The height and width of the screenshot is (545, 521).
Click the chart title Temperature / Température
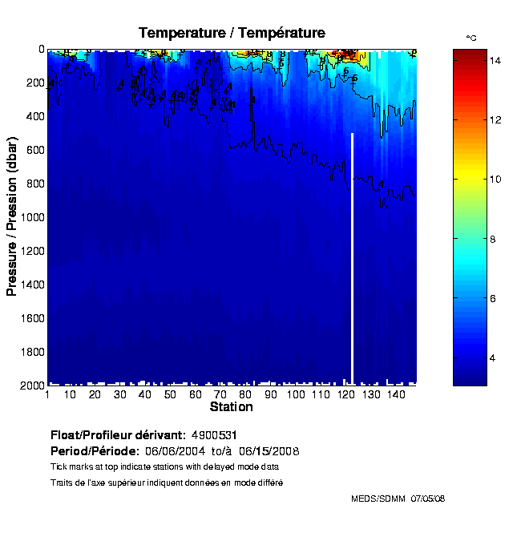coord(232,33)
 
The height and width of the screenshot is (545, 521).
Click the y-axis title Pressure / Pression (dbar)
coord(12,217)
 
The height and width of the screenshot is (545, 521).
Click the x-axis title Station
coord(231,407)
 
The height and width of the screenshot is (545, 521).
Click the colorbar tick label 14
coord(473,59)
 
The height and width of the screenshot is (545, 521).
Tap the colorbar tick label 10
coord(473,179)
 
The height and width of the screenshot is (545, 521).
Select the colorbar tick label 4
coord(471,357)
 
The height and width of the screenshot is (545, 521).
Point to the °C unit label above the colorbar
coord(471,38)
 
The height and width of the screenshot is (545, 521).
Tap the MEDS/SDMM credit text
coord(378,499)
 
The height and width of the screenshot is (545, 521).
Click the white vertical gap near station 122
coord(352,256)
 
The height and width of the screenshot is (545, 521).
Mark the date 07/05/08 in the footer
coord(428,499)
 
